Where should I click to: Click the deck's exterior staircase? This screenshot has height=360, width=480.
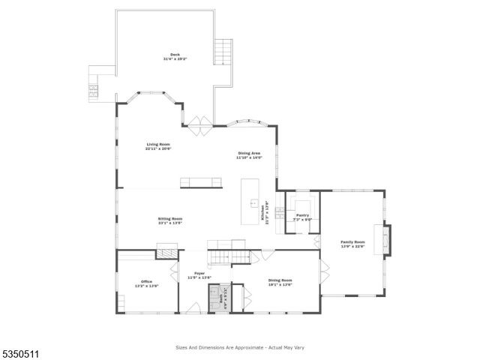(223, 52)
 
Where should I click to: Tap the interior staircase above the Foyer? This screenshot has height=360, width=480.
(227, 257)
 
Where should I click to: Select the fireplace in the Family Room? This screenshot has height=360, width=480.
(385, 241)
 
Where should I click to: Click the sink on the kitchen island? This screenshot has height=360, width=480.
(253, 203)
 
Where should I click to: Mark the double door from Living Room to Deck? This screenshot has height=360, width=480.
(200, 124)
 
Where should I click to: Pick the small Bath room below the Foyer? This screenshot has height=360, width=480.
(220, 298)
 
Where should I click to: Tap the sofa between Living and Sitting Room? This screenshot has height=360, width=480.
(201, 181)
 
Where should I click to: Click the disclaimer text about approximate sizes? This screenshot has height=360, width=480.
(239, 348)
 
